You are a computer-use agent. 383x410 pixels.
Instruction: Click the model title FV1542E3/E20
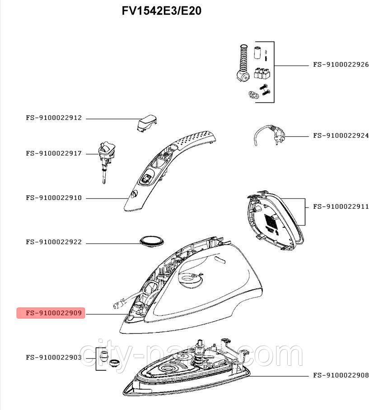click(162, 11)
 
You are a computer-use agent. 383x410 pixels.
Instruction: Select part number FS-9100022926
click(341, 64)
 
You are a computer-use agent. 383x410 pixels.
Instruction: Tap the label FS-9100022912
click(54, 118)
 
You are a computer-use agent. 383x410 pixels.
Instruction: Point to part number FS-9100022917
click(54, 153)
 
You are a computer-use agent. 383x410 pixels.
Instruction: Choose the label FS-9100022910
click(54, 198)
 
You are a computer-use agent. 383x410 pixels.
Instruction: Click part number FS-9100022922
click(54, 242)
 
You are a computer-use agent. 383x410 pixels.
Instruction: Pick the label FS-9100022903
click(54, 357)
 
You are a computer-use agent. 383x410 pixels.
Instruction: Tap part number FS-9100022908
click(341, 375)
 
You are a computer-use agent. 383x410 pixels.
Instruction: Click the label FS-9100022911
click(341, 207)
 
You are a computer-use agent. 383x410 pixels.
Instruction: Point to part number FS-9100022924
click(341, 136)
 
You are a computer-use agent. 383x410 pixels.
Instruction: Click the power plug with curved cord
click(269, 135)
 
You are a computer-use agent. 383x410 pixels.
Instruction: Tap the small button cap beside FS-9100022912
click(146, 122)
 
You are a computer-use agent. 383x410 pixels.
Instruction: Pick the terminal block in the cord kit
click(262, 73)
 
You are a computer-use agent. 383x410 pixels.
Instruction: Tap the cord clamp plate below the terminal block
click(254, 94)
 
